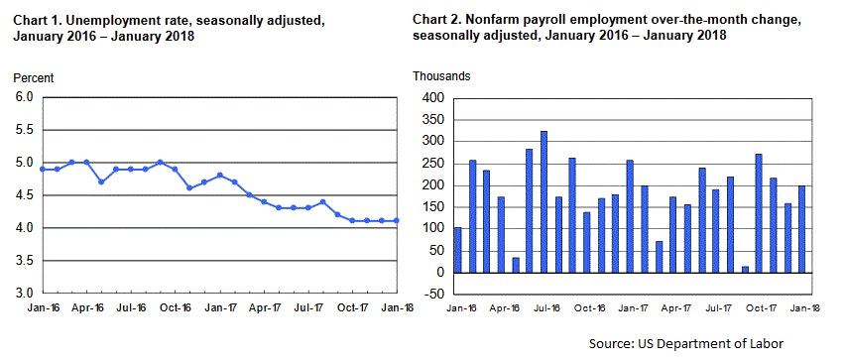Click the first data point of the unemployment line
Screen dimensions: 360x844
43,170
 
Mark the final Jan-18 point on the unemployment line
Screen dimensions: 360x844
398,221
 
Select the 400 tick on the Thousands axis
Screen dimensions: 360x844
433,98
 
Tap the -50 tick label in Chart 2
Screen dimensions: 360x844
433,295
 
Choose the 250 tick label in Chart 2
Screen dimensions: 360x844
433,164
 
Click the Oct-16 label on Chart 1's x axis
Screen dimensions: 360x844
176,308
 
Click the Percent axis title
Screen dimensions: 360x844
34,77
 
